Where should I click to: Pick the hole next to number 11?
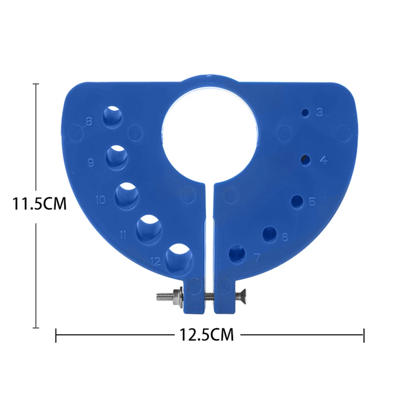click(149, 228)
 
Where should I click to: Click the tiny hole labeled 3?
click(306, 113)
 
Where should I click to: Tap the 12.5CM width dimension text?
click(206, 334)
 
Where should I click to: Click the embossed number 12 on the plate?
click(155, 261)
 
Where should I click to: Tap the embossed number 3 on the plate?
click(319, 112)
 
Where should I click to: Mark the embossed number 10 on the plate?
click(101, 200)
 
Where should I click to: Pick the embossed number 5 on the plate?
click(312, 202)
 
